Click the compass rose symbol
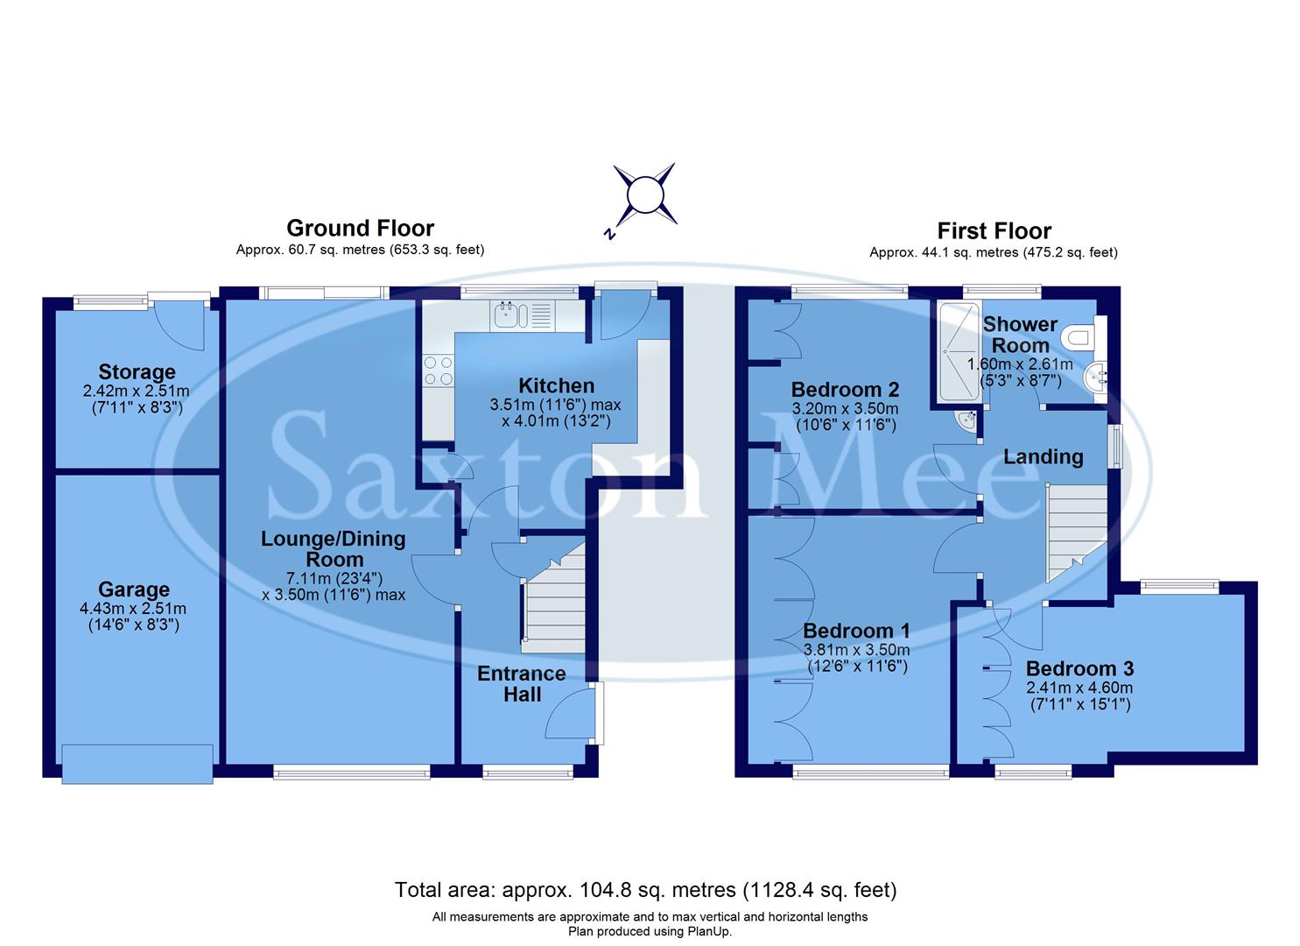click(x=644, y=194)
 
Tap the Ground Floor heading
click(x=360, y=229)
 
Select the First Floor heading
click(x=994, y=231)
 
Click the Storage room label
click(x=137, y=372)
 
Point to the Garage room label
click(x=134, y=590)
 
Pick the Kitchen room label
click(x=556, y=386)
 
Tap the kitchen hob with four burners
click(x=438, y=371)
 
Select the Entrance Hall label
click(x=522, y=684)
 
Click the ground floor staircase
click(x=553, y=604)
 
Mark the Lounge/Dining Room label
click(x=334, y=549)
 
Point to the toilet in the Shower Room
click(x=1079, y=336)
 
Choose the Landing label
click(x=1043, y=456)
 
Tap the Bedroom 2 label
click(x=845, y=390)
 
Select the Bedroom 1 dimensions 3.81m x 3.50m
click(x=856, y=650)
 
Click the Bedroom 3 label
click(x=1079, y=669)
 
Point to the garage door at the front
click(x=137, y=762)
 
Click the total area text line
click(x=645, y=891)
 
